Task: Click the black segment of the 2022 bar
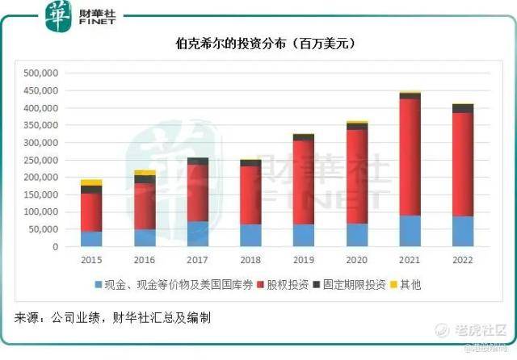(463, 108)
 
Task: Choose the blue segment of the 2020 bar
(356, 235)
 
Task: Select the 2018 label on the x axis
(250, 261)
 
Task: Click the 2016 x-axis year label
(144, 261)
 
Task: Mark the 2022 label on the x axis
(463, 261)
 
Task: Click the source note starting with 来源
(113, 318)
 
